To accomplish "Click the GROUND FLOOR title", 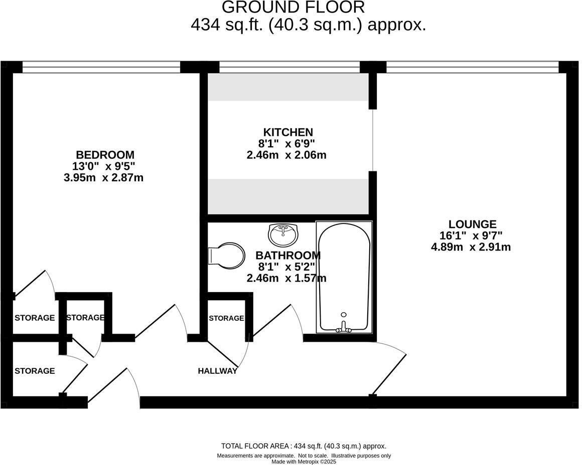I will (x=294, y=8).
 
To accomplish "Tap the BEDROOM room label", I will (x=105, y=155).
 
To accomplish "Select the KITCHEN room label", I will (x=288, y=132).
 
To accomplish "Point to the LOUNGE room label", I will (x=472, y=224).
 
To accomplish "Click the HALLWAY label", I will (x=217, y=371).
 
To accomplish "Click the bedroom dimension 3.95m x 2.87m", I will (x=103, y=177).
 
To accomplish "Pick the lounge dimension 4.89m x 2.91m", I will (x=471, y=247).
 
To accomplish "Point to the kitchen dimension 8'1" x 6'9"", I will (x=286, y=144).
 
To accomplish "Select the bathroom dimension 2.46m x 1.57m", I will (x=286, y=278).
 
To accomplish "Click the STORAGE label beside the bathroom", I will (x=226, y=318).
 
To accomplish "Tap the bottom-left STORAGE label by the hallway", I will (x=35, y=371).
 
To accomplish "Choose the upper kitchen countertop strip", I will (x=288, y=87).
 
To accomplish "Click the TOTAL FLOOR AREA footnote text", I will (x=304, y=446).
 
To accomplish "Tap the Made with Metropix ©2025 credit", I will (x=304, y=461).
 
